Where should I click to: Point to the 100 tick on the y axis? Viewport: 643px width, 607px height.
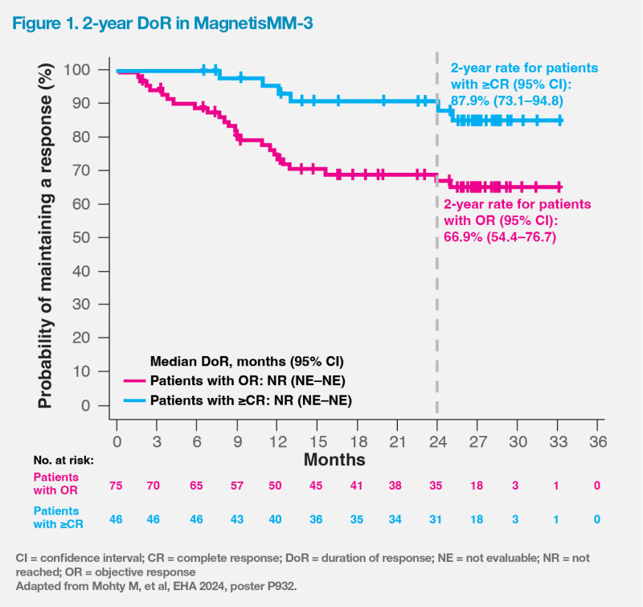click(93, 70)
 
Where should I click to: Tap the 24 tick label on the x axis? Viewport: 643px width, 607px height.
click(437, 441)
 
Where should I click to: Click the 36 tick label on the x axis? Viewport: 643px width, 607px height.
click(596, 441)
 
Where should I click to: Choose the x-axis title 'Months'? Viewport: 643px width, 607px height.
click(334, 460)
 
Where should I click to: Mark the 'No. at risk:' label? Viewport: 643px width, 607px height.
click(59, 461)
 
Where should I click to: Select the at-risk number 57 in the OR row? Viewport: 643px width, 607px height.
click(237, 486)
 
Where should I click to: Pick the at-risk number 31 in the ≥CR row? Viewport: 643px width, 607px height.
click(437, 519)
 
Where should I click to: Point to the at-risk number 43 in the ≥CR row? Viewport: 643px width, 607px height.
click(237, 519)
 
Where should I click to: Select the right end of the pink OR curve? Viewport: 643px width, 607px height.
click(559, 187)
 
